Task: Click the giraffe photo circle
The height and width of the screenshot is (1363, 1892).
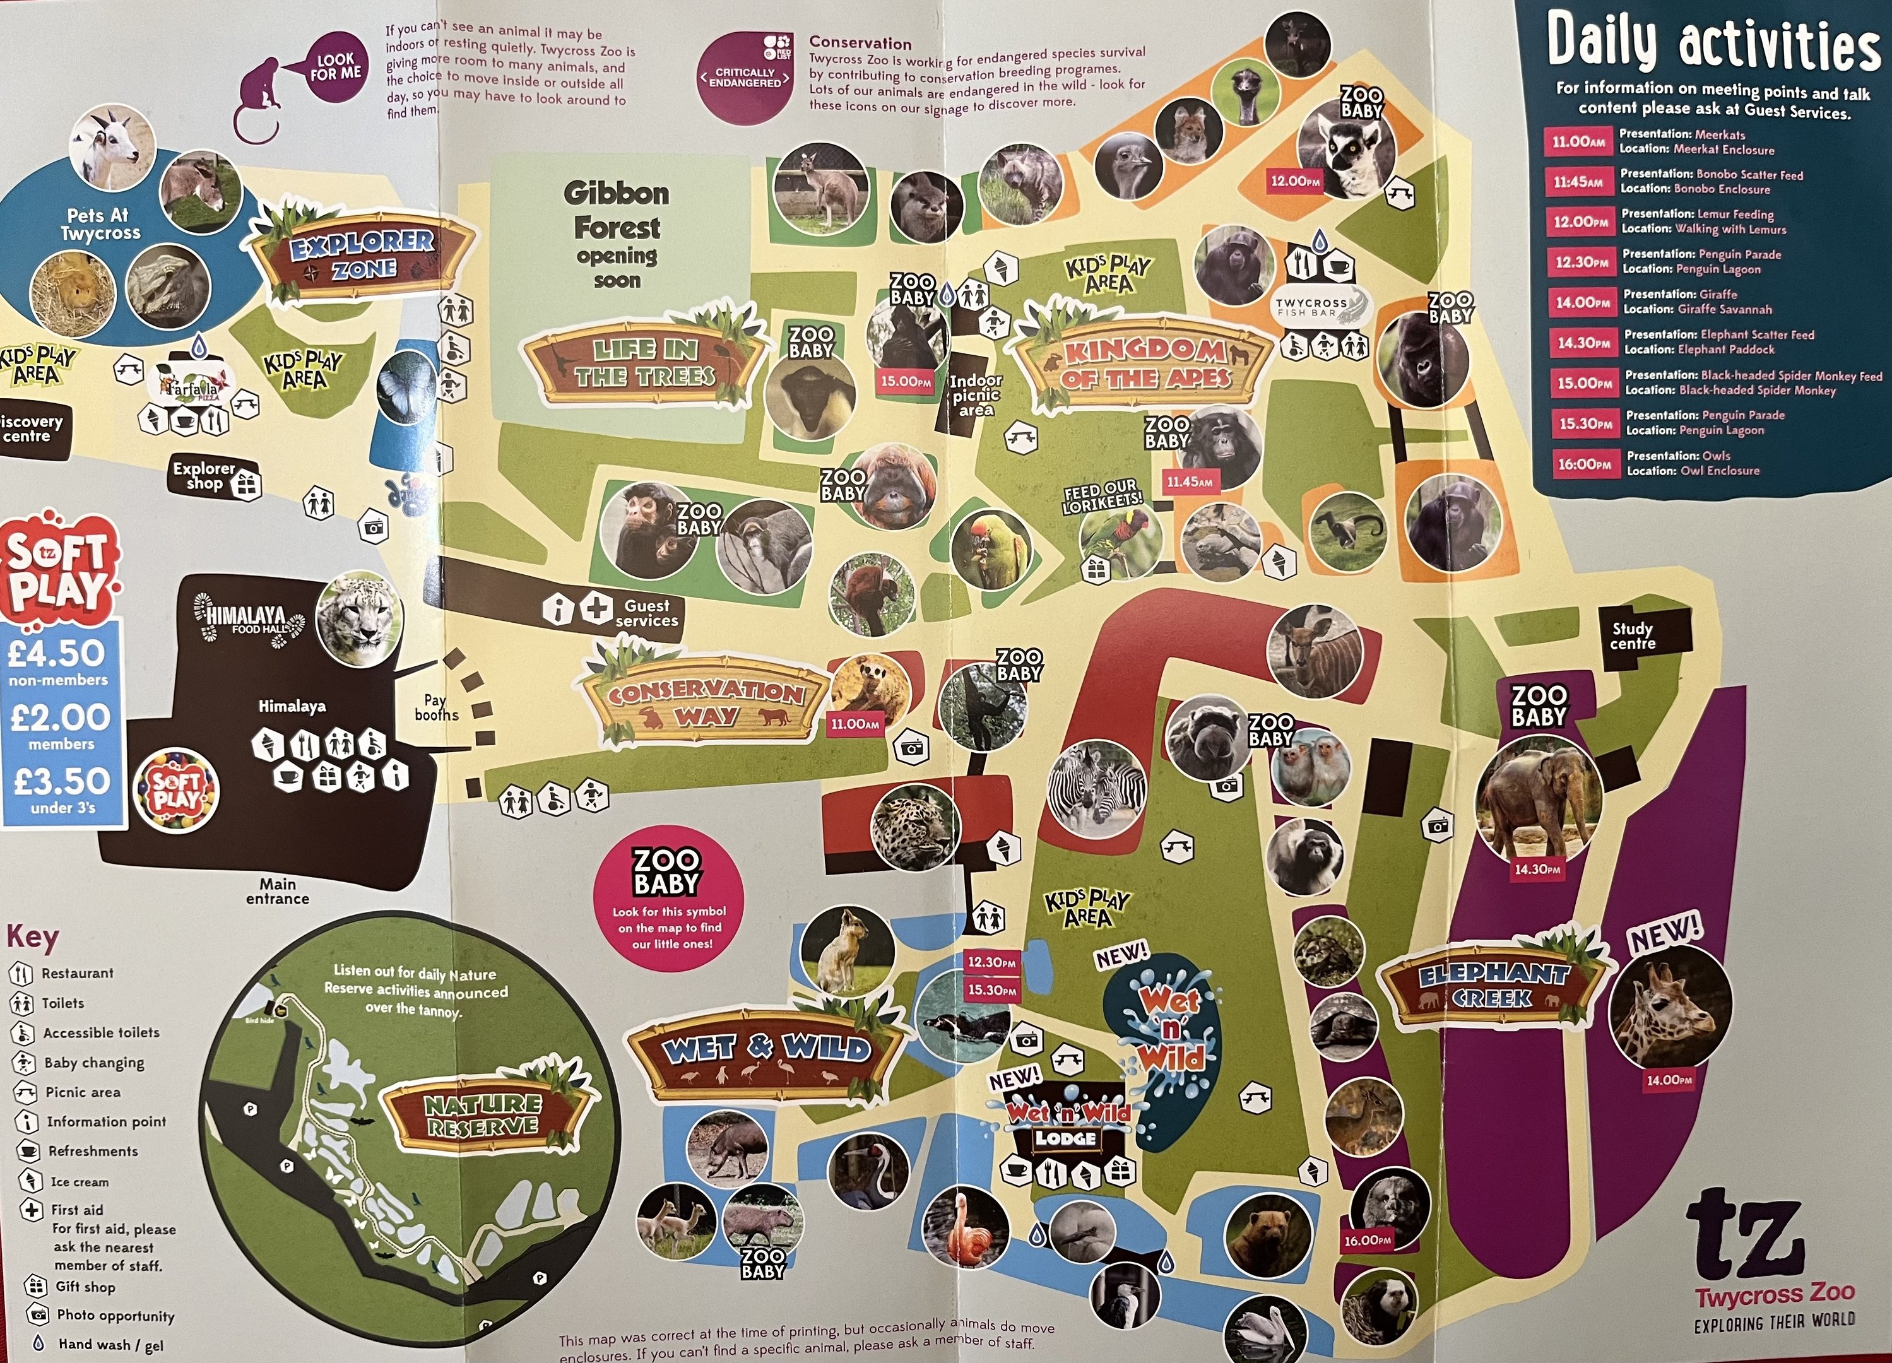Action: (x=1669, y=1006)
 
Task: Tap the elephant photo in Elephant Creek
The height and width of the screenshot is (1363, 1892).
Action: (x=1539, y=796)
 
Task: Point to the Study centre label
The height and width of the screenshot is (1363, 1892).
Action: (x=1633, y=635)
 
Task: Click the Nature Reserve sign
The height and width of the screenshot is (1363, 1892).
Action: (x=484, y=1115)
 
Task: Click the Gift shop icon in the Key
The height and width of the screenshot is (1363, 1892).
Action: (x=34, y=1285)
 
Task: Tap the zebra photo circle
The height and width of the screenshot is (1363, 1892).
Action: (x=1096, y=788)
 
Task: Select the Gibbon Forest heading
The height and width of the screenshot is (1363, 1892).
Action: (x=617, y=210)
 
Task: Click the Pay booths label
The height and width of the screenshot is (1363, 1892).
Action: (x=436, y=707)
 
